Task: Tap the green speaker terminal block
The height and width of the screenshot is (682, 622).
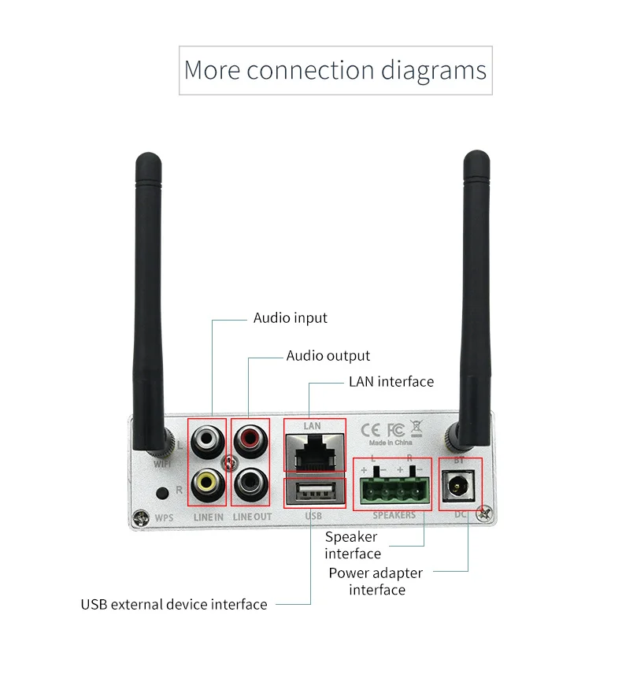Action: coord(392,490)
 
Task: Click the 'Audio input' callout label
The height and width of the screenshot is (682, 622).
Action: coord(290,318)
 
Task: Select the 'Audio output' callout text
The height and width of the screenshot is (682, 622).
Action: coord(328,356)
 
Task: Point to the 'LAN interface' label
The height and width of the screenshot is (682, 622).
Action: coord(391,382)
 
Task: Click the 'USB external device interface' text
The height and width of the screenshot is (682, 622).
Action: coord(174,605)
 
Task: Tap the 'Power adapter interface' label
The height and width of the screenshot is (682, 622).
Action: coord(376,581)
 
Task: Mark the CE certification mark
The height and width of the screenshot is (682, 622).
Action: coord(371,430)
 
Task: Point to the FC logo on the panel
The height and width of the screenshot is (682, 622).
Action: coord(395,430)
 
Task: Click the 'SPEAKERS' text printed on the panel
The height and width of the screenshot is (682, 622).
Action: coord(394,515)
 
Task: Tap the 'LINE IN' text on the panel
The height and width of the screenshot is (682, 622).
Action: coord(209,517)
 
